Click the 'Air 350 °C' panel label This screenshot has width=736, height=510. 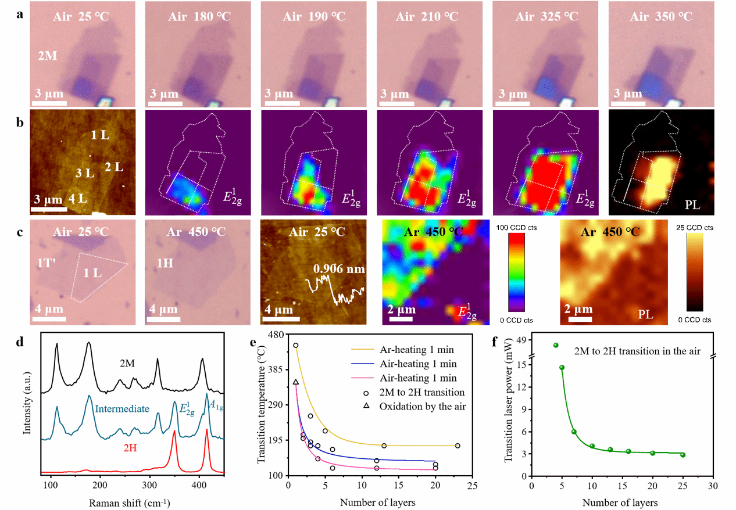pos(661,16)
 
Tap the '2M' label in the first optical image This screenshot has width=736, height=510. pos(47,56)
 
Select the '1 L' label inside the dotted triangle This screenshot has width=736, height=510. pos(94,273)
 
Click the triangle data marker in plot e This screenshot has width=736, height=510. pos(296,382)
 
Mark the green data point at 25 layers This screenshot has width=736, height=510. pos(683,455)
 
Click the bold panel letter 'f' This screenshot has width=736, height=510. pos(495,342)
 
